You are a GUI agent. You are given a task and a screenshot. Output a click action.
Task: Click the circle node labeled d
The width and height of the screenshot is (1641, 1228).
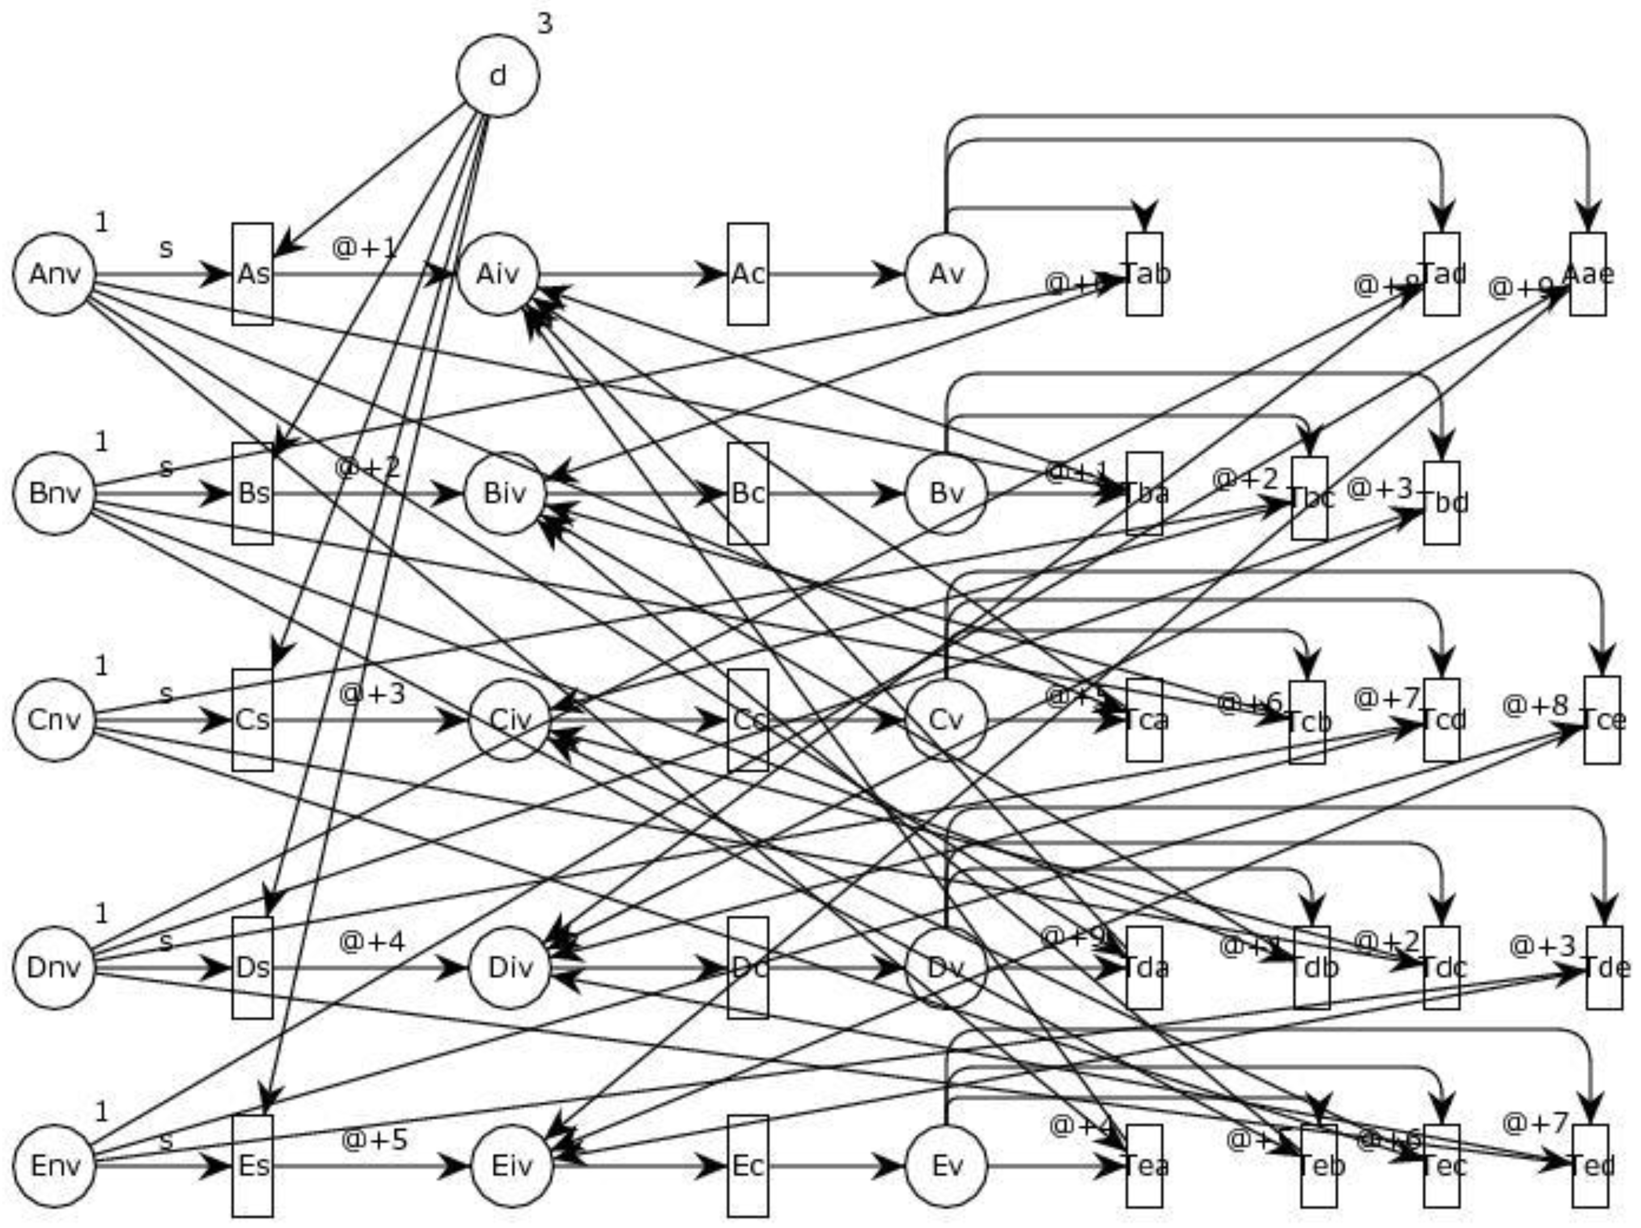click(x=498, y=75)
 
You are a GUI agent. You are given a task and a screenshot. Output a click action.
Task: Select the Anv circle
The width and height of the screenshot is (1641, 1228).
click(x=54, y=274)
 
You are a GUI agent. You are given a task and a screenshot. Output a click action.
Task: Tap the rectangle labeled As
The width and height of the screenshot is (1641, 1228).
click(x=252, y=274)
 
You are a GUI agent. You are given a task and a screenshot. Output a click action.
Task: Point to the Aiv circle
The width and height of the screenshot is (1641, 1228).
click(x=498, y=274)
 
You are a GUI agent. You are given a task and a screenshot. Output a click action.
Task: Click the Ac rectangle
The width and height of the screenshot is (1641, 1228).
click(x=747, y=274)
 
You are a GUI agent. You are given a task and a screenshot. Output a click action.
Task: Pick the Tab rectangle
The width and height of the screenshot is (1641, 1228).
click(x=1144, y=274)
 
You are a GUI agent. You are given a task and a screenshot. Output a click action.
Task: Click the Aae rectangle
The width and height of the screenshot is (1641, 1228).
click(x=1588, y=274)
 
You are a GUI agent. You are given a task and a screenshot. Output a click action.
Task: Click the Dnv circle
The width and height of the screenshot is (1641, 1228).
click(x=54, y=968)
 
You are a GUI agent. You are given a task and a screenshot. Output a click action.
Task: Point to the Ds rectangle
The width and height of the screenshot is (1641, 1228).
click(x=252, y=968)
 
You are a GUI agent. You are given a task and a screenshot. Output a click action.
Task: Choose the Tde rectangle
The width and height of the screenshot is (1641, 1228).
click(x=1605, y=968)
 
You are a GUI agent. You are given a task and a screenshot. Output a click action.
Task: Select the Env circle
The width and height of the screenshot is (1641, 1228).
click(x=54, y=1166)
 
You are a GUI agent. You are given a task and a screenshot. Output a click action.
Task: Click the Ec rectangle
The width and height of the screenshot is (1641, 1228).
click(x=747, y=1166)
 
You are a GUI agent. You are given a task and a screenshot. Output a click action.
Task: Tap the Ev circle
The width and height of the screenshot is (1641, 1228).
click(x=946, y=1166)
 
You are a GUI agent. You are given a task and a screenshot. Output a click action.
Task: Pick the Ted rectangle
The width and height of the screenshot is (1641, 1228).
click(x=1591, y=1166)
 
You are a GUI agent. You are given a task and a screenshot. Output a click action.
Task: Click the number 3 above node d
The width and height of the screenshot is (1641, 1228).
click(x=545, y=24)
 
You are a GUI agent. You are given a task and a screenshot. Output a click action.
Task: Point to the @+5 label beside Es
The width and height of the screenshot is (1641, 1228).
click(x=374, y=1140)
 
